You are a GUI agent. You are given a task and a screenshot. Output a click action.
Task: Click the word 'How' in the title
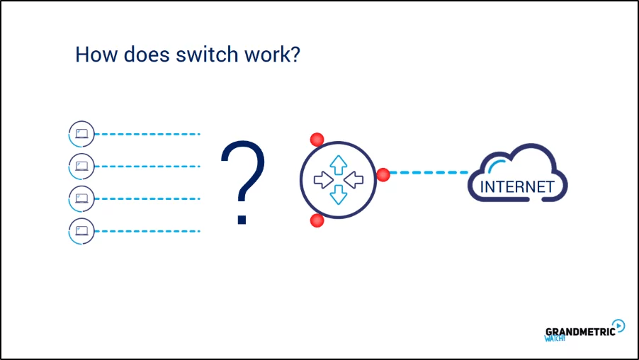[x=92, y=55]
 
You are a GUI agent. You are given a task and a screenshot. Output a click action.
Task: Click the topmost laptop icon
[x=81, y=133]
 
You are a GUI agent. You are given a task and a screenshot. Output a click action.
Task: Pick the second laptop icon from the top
[x=81, y=167]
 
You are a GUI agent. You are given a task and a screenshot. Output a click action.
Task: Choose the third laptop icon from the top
[x=81, y=198]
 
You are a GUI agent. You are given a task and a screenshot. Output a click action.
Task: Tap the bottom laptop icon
[x=81, y=231]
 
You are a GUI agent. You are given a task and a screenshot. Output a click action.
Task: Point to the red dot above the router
[x=317, y=139]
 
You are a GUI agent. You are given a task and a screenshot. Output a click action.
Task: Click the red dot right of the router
[x=383, y=174]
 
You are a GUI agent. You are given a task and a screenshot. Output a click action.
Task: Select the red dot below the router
[x=317, y=220]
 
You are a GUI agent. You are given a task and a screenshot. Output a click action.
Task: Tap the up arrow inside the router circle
[x=338, y=164]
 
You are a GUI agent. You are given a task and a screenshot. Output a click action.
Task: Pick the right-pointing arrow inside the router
[x=323, y=180]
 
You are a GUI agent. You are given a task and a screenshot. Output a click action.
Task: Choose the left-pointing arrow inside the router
[x=353, y=180]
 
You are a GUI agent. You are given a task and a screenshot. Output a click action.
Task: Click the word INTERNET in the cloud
[x=516, y=188]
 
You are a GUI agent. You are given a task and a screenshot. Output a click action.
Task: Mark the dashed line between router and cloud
[x=429, y=172]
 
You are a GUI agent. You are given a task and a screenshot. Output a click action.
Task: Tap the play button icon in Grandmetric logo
[x=618, y=325]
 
